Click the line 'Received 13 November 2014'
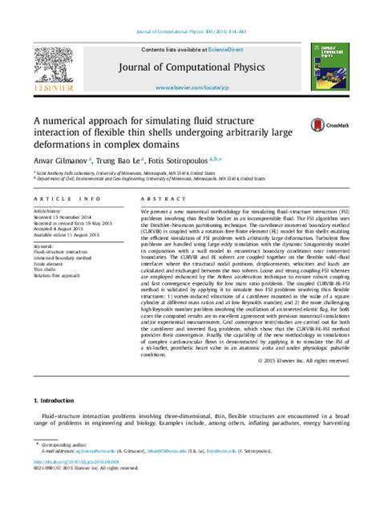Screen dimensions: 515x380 (67, 216)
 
